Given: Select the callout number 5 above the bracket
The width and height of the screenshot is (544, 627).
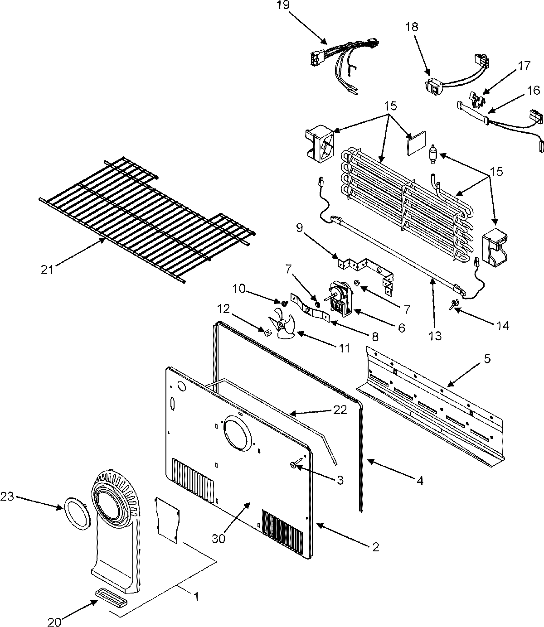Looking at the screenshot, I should (x=487, y=359).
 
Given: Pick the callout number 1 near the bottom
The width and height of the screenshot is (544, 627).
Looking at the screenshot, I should (x=196, y=597).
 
